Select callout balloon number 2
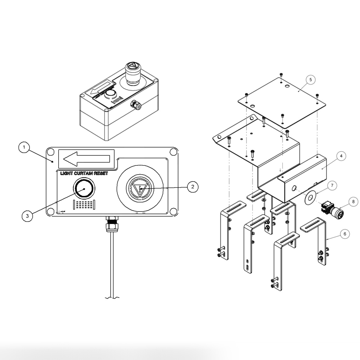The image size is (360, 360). pyautogui.click(x=192, y=186)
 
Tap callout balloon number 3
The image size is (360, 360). pyautogui.click(x=27, y=216)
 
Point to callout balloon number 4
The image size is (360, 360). pyautogui.click(x=341, y=156)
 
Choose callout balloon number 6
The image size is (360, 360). pyautogui.click(x=344, y=234)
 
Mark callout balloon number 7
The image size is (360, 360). pyautogui.click(x=332, y=185)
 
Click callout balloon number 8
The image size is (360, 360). pyautogui.click(x=353, y=201)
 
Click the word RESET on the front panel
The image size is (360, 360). pyautogui.click(x=99, y=173)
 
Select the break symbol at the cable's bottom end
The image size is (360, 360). pyautogui.click(x=112, y=298)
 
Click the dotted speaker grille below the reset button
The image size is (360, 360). pyautogui.click(x=84, y=205)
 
